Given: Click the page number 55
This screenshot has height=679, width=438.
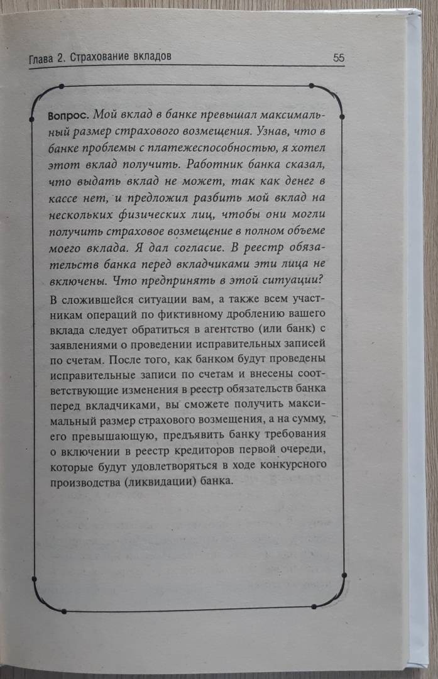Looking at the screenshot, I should coord(338,57).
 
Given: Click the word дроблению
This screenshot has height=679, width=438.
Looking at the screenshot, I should coord(258,313).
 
